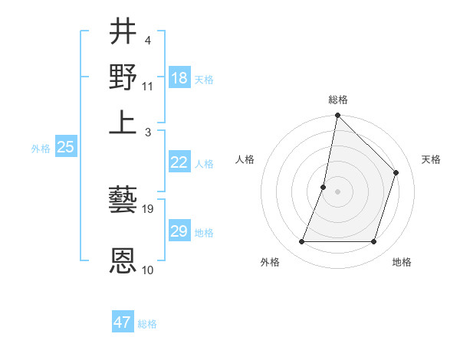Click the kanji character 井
pyautogui.click(x=123, y=33)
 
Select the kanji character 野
pyautogui.click(x=123, y=77)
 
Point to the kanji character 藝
pyautogui.click(x=123, y=201)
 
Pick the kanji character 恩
pyautogui.click(x=123, y=260)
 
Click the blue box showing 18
pyautogui.click(x=179, y=78)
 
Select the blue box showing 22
pyautogui.click(x=179, y=162)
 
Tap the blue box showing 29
pyautogui.click(x=179, y=231)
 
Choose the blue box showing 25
pyautogui.click(x=65, y=147)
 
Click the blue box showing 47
pyautogui.click(x=123, y=322)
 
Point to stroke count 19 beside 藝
pyautogui.click(x=148, y=208)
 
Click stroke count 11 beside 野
pyautogui.click(x=148, y=85)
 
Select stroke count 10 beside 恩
pyautogui.click(x=148, y=270)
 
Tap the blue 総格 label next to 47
pyautogui.click(x=147, y=324)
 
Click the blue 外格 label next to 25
pyautogui.click(x=40, y=149)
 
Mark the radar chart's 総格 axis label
pyautogui.click(x=337, y=100)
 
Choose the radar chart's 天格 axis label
pyautogui.click(x=431, y=159)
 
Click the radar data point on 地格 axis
pyautogui.click(x=373, y=242)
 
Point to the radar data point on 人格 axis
pyautogui.click(x=324, y=187)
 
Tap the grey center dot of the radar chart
pyautogui.click(x=337, y=191)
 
